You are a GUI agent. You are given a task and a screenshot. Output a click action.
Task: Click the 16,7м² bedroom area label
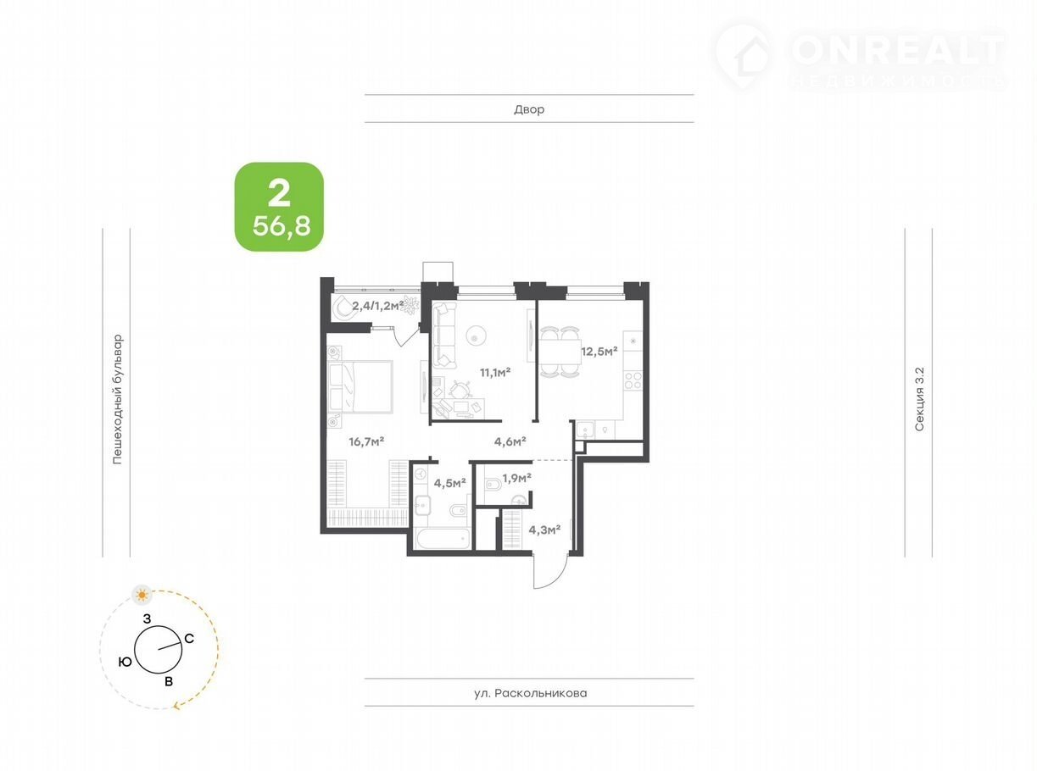[366, 441]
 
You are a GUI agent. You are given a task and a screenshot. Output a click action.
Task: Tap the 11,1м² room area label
[495, 373]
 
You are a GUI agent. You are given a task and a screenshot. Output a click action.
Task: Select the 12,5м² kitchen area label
[599, 351]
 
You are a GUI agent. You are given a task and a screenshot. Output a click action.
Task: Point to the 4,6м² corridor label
[510, 441]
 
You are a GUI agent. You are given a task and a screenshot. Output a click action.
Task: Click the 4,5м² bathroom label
[449, 483]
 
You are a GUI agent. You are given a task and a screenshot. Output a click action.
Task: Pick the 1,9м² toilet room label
[516, 478]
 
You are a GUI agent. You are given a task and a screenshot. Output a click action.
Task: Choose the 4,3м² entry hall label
[544, 530]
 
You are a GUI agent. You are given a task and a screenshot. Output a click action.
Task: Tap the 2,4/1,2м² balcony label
[378, 306]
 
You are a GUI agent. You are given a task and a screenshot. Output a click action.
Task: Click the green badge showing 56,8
[279, 207]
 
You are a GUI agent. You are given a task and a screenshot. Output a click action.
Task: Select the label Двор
[529, 109]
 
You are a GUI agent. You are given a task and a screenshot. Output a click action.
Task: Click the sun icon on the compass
[142, 595]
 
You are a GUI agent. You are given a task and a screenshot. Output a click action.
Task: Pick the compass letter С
[189, 638]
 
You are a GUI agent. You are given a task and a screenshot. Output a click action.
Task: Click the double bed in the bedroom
[360, 386]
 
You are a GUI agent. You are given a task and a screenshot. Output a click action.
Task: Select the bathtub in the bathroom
[442, 539]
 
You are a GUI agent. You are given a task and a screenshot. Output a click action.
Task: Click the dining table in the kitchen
[560, 352]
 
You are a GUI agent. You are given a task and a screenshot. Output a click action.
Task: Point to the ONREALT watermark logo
[861, 56]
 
